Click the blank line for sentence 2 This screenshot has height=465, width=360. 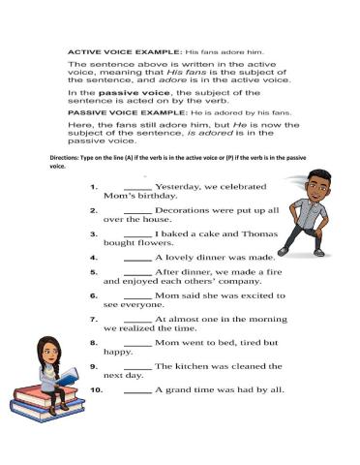pos(138,209)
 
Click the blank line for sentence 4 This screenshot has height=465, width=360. pos(138,259)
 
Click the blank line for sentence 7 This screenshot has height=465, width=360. pos(138,319)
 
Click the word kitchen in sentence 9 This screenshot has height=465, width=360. pos(194,366)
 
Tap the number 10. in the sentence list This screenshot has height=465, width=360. pos(96,390)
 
